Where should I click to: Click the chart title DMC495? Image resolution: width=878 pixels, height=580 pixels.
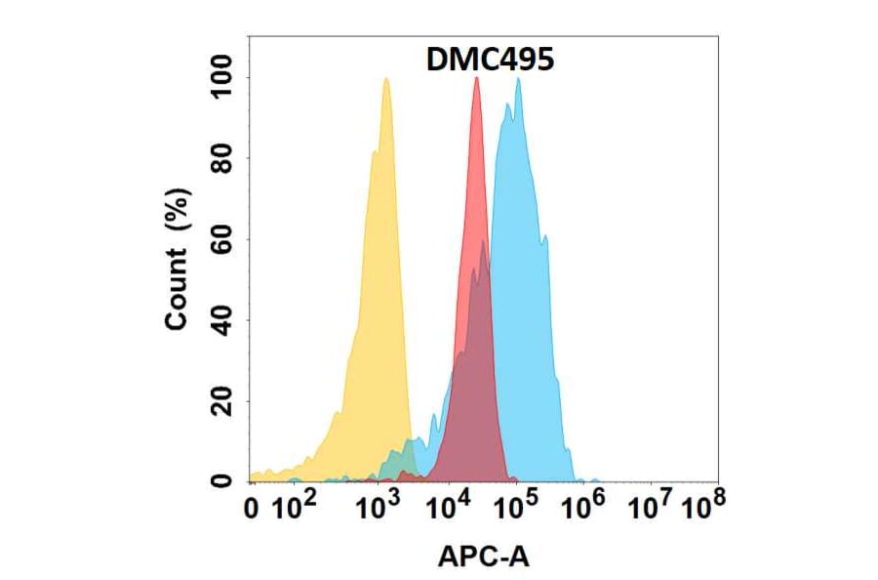click(x=490, y=60)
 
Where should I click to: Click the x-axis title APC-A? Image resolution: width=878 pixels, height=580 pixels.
click(x=483, y=557)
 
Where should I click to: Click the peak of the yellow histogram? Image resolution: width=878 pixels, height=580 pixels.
click(x=386, y=79)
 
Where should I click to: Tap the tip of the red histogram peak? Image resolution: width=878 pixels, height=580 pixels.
click(x=476, y=78)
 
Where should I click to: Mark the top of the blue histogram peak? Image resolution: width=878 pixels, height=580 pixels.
click(x=518, y=79)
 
